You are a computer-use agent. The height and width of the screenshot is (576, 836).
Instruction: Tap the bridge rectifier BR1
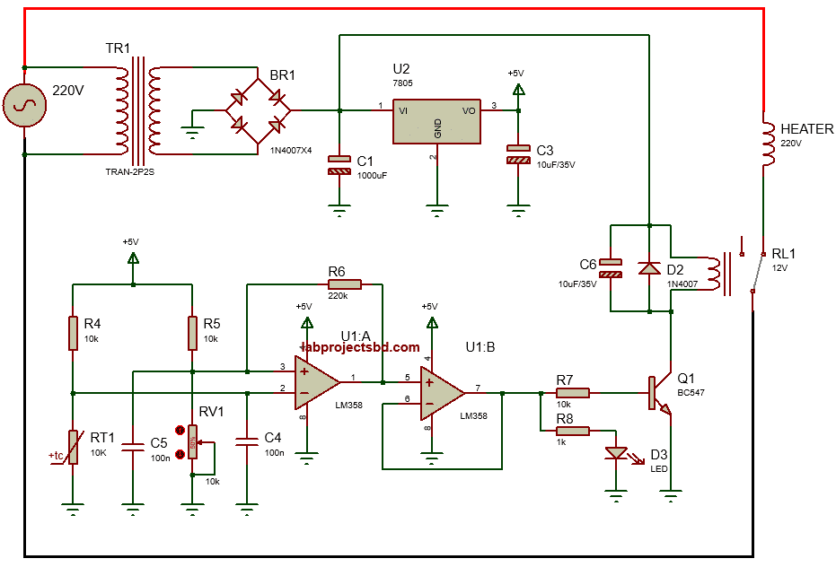coord(259,111)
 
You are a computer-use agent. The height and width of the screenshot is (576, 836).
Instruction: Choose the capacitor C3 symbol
coord(518,154)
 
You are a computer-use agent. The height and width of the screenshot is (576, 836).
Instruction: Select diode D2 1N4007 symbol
coord(647,267)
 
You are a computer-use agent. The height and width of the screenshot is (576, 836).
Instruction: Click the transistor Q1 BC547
coord(659,393)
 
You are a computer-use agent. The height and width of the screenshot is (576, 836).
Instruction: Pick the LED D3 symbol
coord(616,453)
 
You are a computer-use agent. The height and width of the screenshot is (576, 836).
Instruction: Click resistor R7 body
coord(572,392)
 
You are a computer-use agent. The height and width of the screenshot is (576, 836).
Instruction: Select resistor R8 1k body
coord(572,431)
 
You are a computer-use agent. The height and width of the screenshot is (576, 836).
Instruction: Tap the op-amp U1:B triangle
coord(441,392)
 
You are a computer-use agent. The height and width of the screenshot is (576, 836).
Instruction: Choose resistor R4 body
coord(73,332)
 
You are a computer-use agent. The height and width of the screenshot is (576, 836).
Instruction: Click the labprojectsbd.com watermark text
coord(361,347)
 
